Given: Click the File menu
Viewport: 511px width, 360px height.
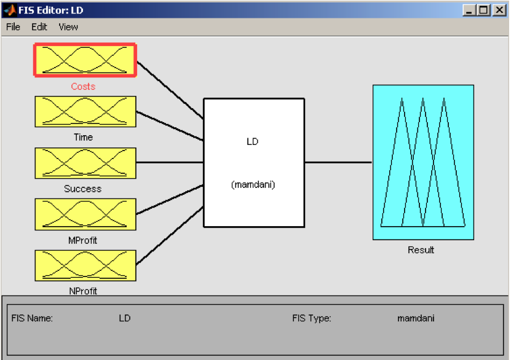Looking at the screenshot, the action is (13, 27).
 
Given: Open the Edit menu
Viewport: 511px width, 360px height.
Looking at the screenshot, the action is (39, 27).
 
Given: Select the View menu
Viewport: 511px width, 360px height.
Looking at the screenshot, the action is (68, 27).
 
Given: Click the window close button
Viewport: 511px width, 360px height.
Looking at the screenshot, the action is (499, 10).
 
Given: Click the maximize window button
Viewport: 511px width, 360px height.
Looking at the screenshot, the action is (484, 10).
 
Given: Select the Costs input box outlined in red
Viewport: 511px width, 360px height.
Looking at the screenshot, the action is (85, 60).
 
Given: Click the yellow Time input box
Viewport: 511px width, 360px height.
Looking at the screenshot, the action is (85, 111).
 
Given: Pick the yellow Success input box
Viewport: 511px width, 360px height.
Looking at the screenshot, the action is (85, 163).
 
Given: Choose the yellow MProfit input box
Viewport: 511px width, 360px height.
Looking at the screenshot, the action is (85, 214).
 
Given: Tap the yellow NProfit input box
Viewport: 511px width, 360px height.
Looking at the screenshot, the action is (85, 265).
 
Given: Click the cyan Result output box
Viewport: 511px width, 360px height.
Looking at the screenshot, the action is (423, 162).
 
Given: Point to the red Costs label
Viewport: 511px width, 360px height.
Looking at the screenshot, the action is (83, 87).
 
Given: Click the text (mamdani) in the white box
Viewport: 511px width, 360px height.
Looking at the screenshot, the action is (253, 185).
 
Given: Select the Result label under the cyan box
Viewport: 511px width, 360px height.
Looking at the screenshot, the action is (421, 250).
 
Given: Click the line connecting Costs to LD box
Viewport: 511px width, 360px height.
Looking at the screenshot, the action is (170, 90).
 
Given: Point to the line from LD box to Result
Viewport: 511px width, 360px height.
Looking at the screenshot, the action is (338, 162).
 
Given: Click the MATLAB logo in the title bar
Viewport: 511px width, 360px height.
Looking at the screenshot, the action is (10, 10).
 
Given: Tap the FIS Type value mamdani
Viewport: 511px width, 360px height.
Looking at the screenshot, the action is (416, 318).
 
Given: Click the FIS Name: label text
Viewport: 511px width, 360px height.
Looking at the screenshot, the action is (32, 318).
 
